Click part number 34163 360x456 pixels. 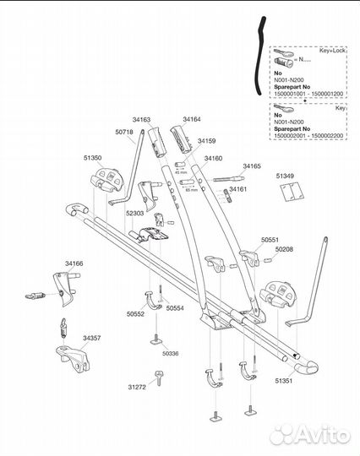coord(141,121)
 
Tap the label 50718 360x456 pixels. coord(123,133)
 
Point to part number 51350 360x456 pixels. coord(92,158)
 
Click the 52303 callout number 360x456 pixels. coord(134,213)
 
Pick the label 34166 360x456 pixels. coord(74,264)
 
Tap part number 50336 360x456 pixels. coord(170,353)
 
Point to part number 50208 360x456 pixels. coord(280,250)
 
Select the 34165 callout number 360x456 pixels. coord(252,166)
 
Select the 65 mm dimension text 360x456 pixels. coord(191,190)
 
